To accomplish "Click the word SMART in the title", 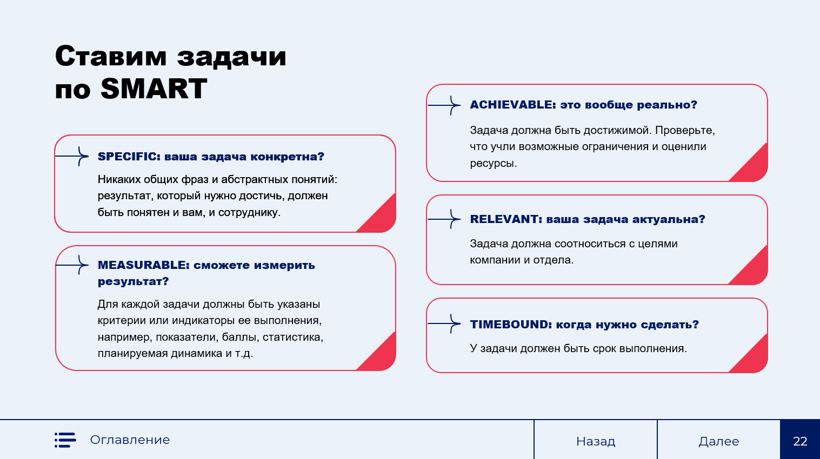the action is coord(154,89).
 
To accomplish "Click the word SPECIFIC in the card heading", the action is coord(129,157).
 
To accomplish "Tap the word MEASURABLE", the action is coord(143,265).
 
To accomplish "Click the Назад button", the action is coord(596,440).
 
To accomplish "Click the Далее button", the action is coord(718,440).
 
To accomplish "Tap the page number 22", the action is coord(800,441).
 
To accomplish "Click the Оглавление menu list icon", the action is coord(65,440).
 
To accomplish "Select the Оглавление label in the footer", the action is coord(130,440).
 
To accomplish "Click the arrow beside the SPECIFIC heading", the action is coord(72,156).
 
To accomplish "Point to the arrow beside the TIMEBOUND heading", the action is coord(444,323).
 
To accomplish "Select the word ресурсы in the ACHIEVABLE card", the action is coord(493,164).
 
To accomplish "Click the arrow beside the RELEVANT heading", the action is coord(444,219).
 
